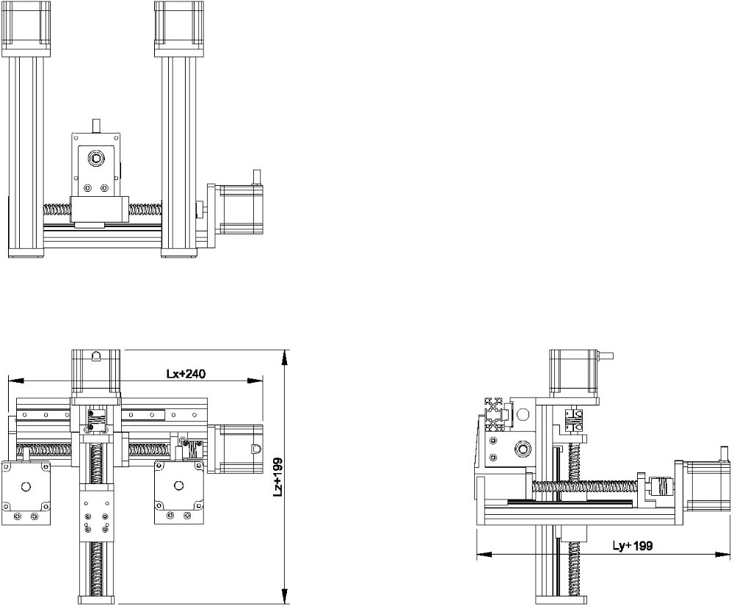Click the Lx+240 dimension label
pos(185,373)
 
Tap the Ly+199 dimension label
pos(633,546)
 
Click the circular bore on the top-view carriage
pos(95,159)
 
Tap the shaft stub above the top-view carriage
pos(95,125)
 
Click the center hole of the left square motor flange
pos(26,486)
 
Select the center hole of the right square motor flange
pos(178,486)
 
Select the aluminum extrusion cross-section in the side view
pos(498,413)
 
